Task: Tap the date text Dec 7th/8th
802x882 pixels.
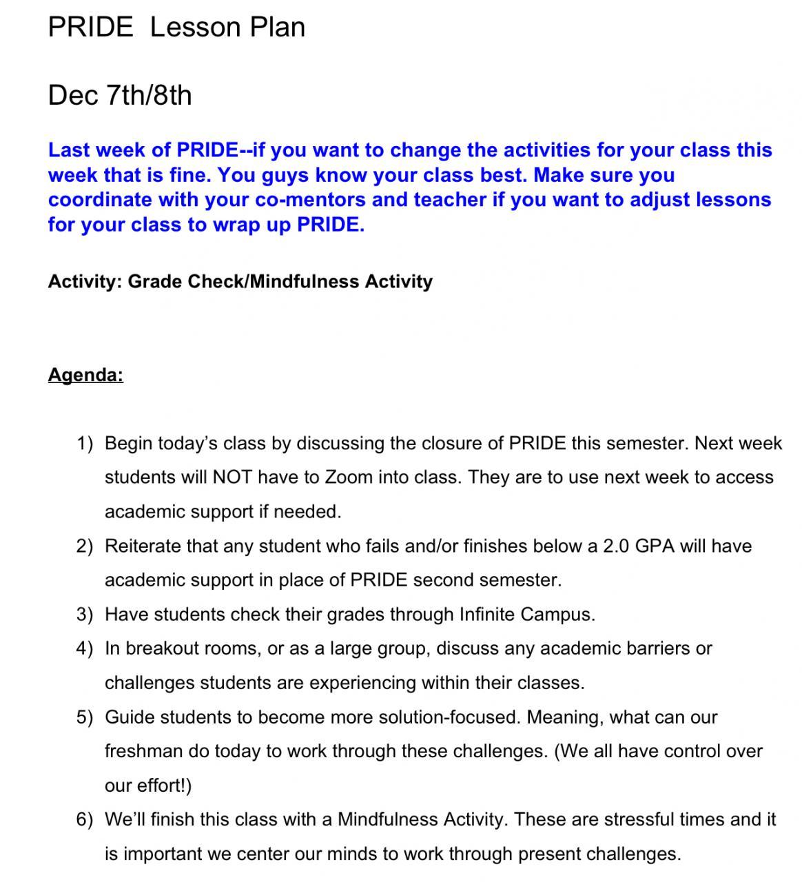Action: [120, 95]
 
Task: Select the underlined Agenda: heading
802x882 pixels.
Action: [85, 375]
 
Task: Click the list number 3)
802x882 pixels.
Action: [84, 615]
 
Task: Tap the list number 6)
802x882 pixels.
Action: [84, 819]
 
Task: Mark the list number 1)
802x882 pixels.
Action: [84, 443]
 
